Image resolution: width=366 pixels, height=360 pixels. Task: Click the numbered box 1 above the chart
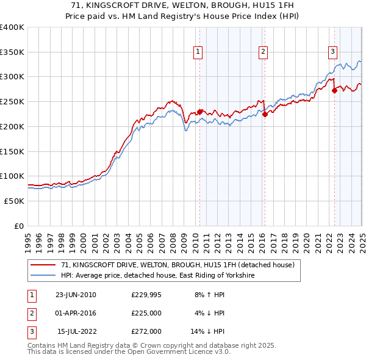click(199, 52)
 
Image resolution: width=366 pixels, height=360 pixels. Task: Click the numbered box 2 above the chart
click(263, 52)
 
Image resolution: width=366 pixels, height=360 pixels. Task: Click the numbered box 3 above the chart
click(333, 52)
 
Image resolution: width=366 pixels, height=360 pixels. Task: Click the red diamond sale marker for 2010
click(199, 112)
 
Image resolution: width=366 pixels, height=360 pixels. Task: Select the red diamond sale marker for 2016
click(264, 114)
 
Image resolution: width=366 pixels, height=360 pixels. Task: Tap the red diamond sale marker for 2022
click(334, 90)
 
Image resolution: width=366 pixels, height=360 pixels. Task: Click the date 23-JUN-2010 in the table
click(76, 295)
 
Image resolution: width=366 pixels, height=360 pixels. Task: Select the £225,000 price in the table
click(146, 313)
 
